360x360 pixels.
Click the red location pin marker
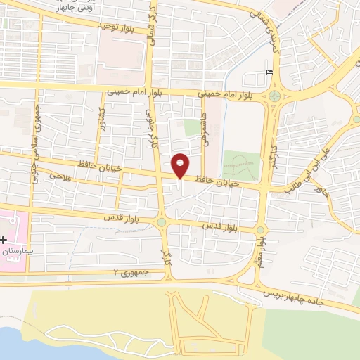coord(181,164)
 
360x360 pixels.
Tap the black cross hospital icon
coord(4,240)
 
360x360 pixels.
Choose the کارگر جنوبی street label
coord(149,127)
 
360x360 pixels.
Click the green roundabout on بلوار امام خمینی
coord(273,96)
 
